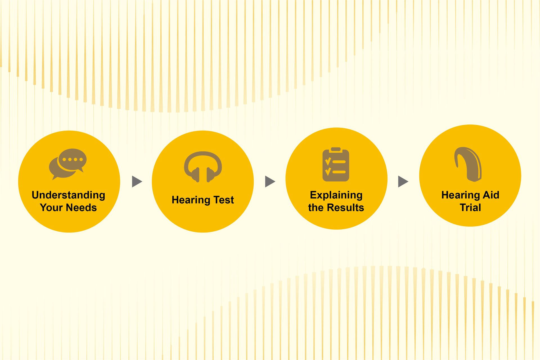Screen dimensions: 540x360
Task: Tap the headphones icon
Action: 203,167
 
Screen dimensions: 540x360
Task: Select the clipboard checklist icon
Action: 336,164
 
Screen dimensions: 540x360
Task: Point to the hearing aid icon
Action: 468,164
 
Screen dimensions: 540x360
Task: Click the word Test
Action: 224,200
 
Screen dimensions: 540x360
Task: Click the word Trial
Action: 470,207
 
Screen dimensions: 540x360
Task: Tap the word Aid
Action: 491,195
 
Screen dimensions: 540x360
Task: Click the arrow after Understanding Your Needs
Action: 137,182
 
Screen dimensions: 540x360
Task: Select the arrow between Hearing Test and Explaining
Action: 270,182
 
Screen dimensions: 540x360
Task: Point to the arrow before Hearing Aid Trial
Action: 403,182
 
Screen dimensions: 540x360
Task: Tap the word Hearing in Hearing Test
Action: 191,200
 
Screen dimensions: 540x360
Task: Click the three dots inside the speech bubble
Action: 73,159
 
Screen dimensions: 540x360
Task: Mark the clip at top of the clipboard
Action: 336,149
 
